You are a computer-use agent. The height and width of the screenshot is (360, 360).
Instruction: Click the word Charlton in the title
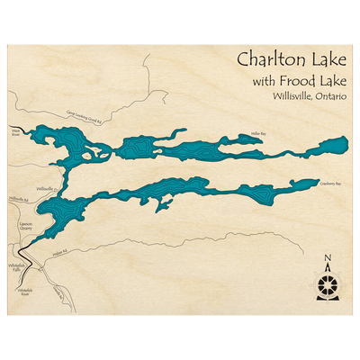tap(268, 60)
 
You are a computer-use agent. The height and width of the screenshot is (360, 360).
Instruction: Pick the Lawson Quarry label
tap(24, 229)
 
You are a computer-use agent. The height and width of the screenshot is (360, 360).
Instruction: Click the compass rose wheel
tap(328, 286)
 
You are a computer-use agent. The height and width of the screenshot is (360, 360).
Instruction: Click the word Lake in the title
tap(328, 60)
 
